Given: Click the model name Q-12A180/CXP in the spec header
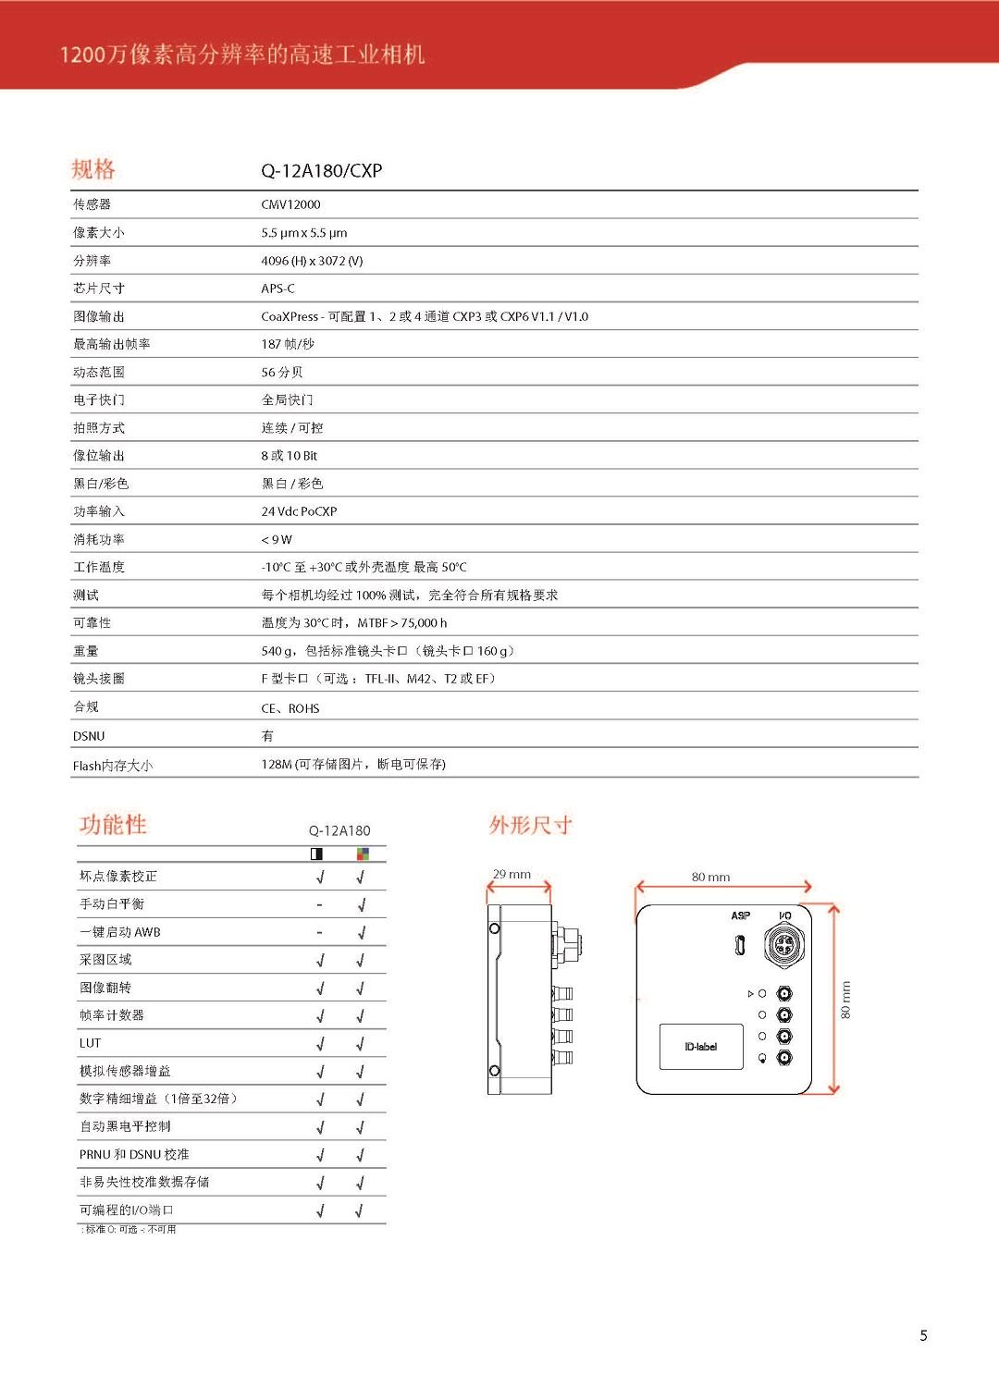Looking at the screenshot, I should (x=321, y=170).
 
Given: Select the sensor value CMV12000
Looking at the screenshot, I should (x=290, y=204).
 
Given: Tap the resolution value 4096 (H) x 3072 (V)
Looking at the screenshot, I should (x=312, y=261).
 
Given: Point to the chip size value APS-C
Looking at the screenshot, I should (x=277, y=289).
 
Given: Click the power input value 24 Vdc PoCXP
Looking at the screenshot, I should (x=299, y=511).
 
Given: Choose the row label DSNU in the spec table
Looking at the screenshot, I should (x=89, y=736).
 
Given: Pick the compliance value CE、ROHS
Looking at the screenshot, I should (x=290, y=708).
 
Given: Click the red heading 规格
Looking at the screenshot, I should (x=93, y=169).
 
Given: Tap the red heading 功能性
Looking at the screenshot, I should (x=113, y=824).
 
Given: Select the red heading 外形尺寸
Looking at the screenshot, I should (x=530, y=825).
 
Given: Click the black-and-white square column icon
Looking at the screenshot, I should (x=316, y=854).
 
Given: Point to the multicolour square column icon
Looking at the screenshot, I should (x=363, y=854).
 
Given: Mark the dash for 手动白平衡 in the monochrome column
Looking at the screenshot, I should (x=319, y=904).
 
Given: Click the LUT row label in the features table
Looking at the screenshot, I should (x=90, y=1043).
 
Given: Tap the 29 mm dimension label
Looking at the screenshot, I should (x=512, y=874).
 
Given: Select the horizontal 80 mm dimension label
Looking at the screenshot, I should (x=710, y=877).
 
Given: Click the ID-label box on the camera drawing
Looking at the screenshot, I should (x=700, y=1047).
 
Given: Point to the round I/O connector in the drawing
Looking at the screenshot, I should (x=783, y=945).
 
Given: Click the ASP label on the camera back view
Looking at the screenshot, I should (x=740, y=915).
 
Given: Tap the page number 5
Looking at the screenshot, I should (x=923, y=1335).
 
